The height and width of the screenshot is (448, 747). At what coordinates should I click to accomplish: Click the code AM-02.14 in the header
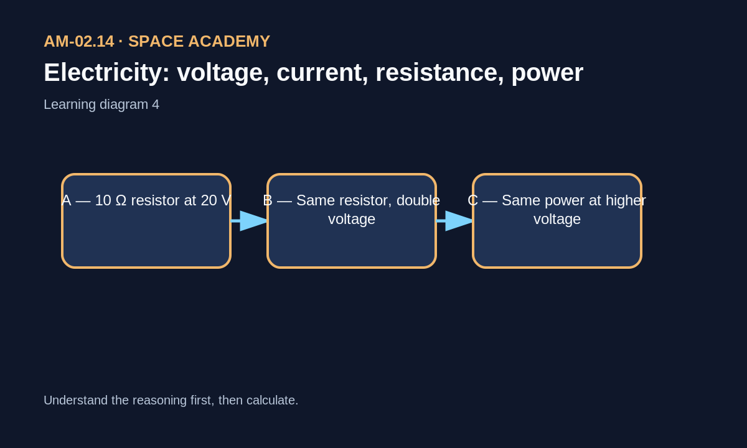[x=79, y=42]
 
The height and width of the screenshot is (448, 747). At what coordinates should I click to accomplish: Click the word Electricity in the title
[x=106, y=73]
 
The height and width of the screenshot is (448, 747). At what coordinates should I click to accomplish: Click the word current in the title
[x=322, y=73]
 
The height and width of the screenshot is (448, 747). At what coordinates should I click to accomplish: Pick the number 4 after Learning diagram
[x=156, y=105]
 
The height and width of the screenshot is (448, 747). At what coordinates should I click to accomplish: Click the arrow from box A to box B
[x=249, y=221]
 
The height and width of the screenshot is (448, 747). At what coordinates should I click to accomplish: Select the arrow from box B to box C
[x=454, y=221]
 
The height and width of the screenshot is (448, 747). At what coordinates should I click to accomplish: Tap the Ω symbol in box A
[x=121, y=200]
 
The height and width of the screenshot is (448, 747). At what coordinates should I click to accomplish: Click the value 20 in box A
[x=209, y=200]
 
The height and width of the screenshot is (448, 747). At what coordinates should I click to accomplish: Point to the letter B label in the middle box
[x=268, y=200]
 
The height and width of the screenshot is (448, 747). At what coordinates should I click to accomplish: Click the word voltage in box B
[x=352, y=220]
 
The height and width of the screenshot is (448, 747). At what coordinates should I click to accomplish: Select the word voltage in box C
[x=557, y=220]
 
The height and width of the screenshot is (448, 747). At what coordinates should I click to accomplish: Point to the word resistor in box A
[x=157, y=200]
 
